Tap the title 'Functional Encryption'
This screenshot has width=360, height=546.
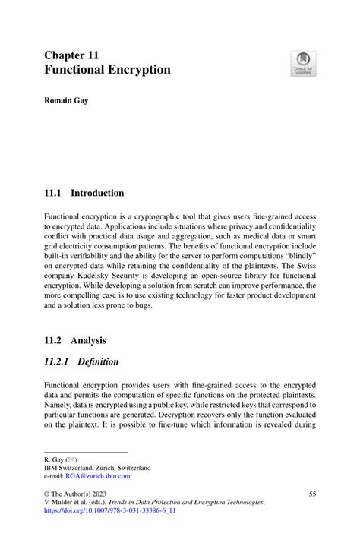coord(107,70)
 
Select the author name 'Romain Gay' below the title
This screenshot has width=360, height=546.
coord(66,100)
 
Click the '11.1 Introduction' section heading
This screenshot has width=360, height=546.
coord(84,193)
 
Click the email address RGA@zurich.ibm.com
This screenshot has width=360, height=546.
coord(97,475)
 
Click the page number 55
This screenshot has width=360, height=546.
coord(311,494)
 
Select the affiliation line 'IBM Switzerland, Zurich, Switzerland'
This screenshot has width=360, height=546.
coord(97,467)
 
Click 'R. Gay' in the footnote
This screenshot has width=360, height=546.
coord(55,459)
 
